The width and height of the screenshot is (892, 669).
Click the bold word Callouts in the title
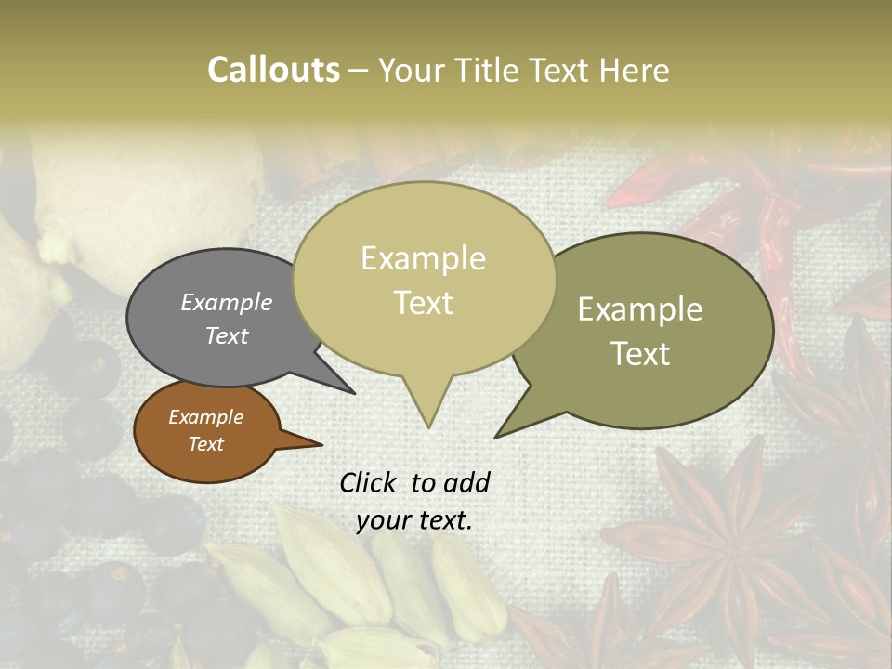(x=273, y=70)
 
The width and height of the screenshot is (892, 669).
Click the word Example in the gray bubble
(x=226, y=303)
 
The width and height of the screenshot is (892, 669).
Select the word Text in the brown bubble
(x=205, y=444)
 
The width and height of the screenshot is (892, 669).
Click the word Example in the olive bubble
(x=640, y=309)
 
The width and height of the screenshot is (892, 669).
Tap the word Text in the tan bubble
(x=424, y=303)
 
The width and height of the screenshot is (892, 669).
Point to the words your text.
(x=414, y=521)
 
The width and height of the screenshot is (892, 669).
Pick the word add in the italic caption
(x=466, y=482)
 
